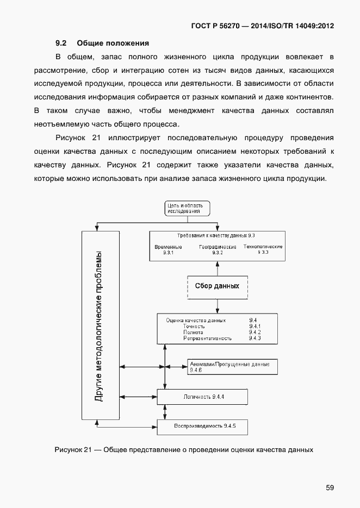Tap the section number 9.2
tap(61, 42)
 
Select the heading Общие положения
tap(113, 42)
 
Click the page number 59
tap(330, 487)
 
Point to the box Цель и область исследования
tap(187, 208)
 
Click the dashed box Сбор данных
tap(217, 286)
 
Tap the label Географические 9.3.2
tap(218, 250)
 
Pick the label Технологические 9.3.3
tap(263, 249)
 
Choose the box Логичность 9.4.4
tap(202, 397)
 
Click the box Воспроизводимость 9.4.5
tap(202, 425)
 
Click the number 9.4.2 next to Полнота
tap(255, 332)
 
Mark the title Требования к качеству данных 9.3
tap(216, 235)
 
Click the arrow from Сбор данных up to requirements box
tap(218, 268)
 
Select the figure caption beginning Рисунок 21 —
tap(184, 450)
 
